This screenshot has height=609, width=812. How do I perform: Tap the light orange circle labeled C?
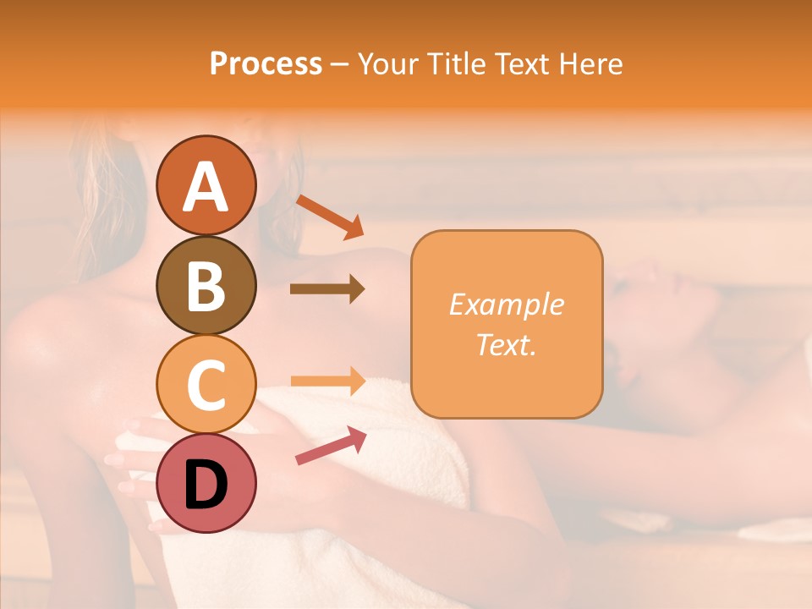(206, 385)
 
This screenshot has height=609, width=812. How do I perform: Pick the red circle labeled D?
(206, 484)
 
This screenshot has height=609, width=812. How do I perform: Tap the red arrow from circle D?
(331, 445)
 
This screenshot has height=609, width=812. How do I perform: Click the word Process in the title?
(266, 63)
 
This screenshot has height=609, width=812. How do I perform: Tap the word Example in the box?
(506, 304)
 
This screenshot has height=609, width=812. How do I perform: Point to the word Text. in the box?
(506, 344)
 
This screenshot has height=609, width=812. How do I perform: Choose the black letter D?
(206, 484)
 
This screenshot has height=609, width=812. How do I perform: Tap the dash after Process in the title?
(339, 64)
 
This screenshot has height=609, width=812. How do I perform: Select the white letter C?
(206, 385)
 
